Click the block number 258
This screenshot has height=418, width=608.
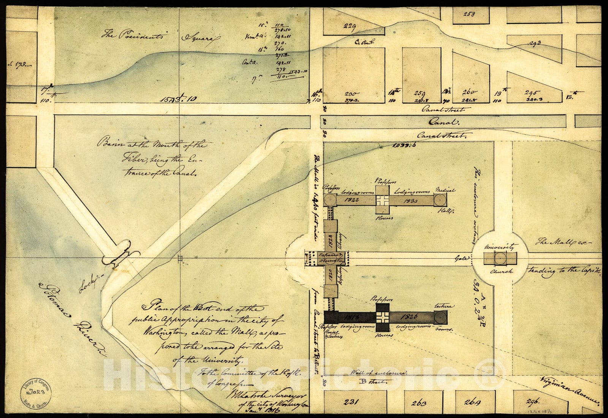click(470, 14)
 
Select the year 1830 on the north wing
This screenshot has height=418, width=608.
click(412, 200)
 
